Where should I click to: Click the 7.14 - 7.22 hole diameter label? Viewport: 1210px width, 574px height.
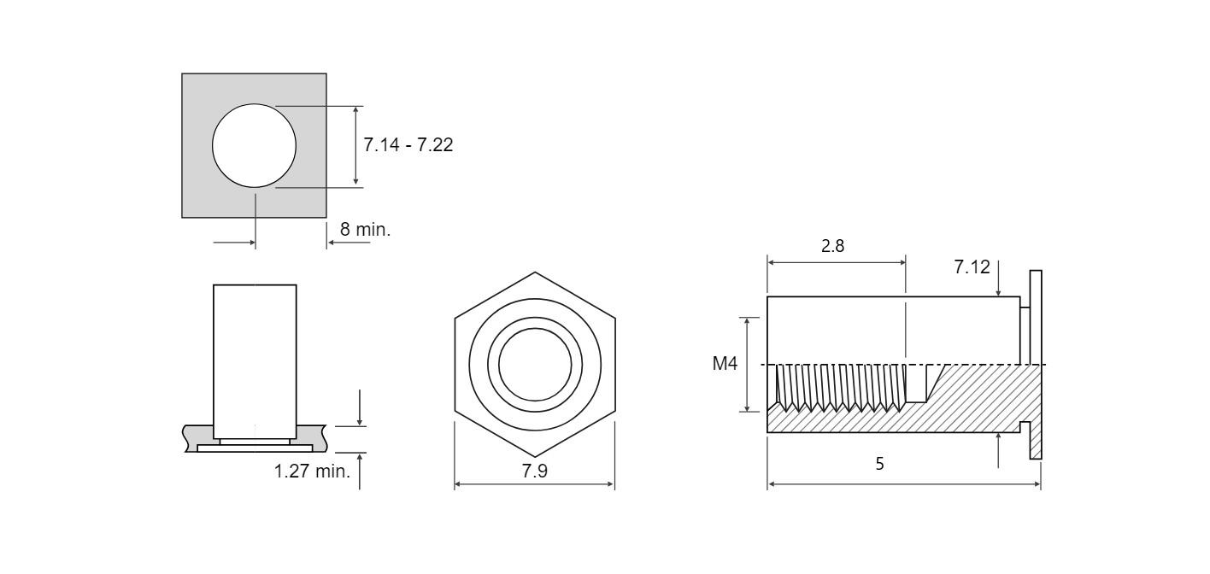[x=408, y=144]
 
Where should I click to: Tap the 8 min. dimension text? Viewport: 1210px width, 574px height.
[x=365, y=230]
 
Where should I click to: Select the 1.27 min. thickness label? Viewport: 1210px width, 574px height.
[x=312, y=471]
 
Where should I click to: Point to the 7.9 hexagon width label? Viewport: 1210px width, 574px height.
[x=534, y=471]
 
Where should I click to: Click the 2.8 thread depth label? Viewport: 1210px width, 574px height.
[x=832, y=246]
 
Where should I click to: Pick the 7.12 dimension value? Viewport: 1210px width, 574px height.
[x=972, y=266]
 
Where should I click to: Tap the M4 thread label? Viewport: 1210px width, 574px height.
[x=725, y=363]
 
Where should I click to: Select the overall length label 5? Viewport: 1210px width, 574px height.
[x=880, y=463]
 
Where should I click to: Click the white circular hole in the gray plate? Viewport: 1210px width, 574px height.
[x=254, y=145]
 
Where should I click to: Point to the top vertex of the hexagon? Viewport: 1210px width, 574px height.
[x=535, y=272]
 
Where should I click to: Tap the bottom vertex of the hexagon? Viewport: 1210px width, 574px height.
[x=535, y=457]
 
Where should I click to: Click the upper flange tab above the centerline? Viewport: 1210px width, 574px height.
[x=1036, y=317]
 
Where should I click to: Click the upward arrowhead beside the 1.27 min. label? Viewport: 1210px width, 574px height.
[x=360, y=458]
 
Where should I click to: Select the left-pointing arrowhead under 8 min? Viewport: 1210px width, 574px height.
[x=332, y=243]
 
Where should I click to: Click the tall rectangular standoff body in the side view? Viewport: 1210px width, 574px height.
[x=255, y=361]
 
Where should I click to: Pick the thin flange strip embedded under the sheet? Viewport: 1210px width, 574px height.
[x=255, y=448]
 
